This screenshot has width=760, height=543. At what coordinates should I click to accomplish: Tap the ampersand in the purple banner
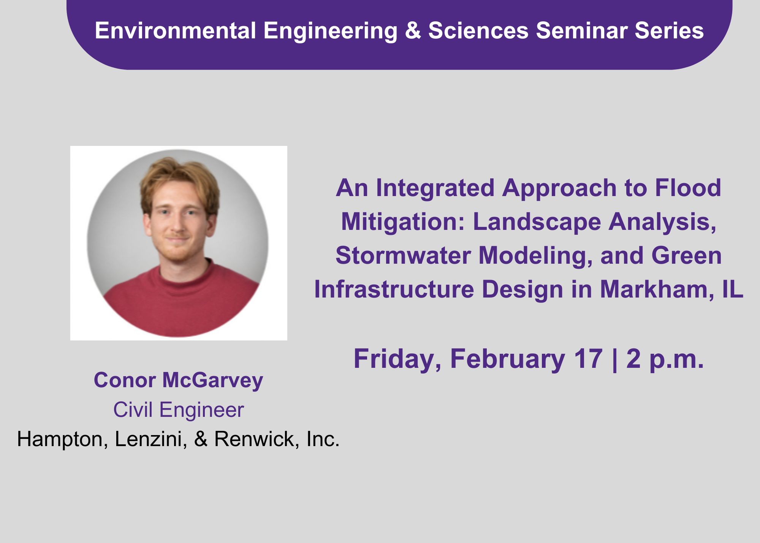coord(413,30)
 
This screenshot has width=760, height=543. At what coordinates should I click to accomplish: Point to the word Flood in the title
coord(688,188)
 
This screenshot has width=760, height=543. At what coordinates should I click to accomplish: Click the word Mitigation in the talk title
coord(403,222)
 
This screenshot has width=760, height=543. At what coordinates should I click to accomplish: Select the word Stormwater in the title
coord(403,255)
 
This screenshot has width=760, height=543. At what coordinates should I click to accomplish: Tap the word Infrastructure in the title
coord(394,289)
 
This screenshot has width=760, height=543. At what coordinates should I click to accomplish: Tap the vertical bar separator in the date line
coord(614,359)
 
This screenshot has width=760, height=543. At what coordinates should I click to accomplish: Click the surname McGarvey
coord(213,380)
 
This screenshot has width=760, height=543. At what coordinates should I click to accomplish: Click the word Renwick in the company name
coord(255,439)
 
